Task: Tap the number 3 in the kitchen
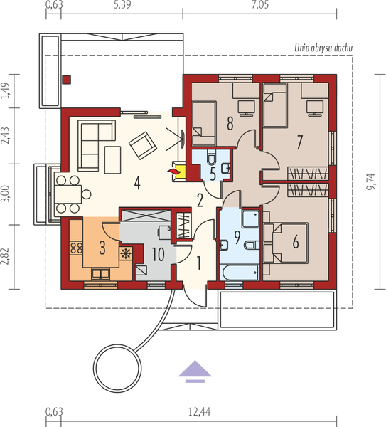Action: pos(102,248)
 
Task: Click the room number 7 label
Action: pos(299,142)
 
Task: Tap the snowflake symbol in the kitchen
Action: pos(127,253)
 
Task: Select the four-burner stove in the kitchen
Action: pos(75,248)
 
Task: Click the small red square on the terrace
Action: pos(66,80)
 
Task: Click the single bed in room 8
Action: pos(203,118)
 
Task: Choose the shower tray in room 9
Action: pos(250,217)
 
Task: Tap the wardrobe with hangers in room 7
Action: pos(306,174)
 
